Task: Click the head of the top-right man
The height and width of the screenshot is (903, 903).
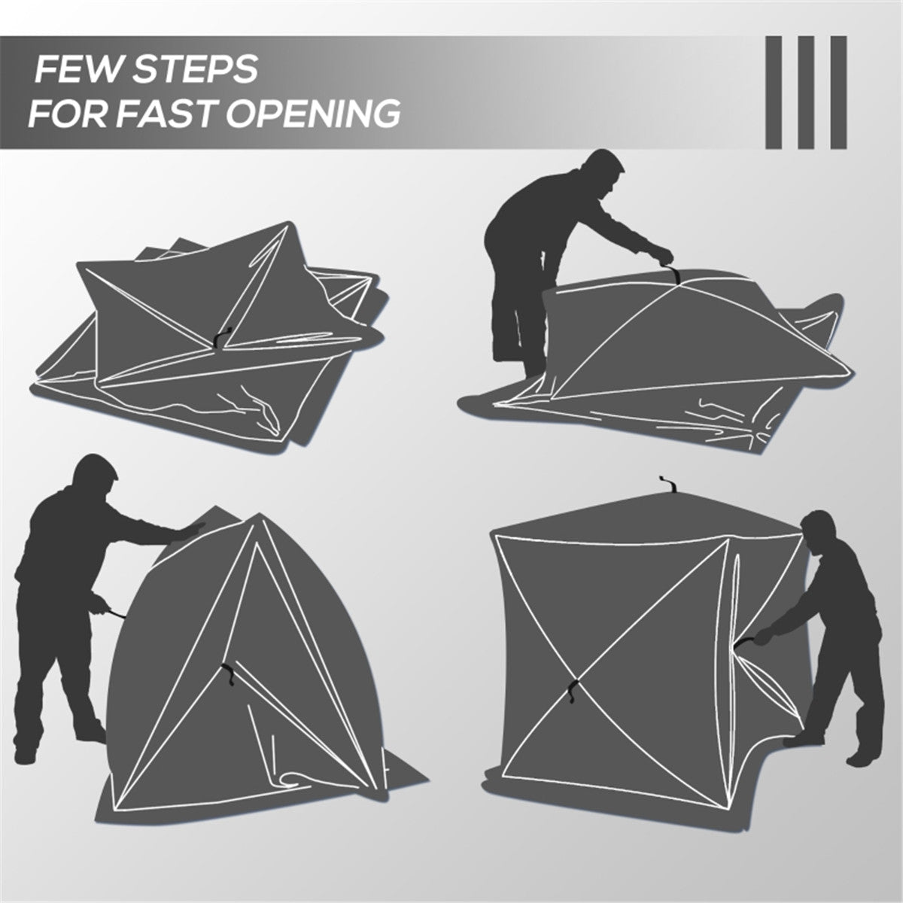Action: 607,172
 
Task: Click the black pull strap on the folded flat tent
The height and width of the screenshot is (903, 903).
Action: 219,341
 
